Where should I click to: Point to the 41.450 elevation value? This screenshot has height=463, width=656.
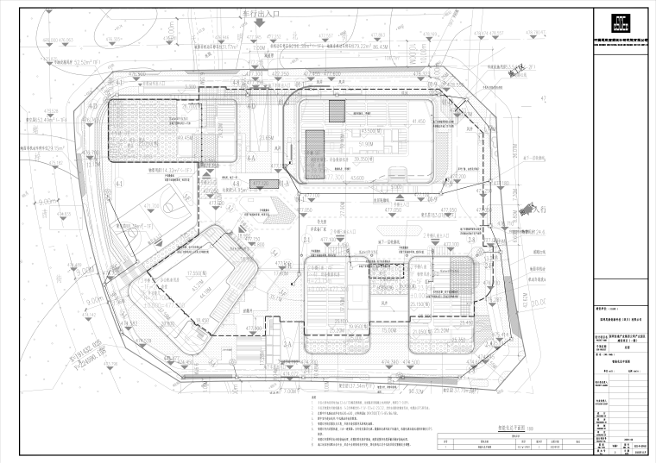click(x=419, y=122)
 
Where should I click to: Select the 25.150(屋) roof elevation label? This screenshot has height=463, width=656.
click(x=423, y=303)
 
